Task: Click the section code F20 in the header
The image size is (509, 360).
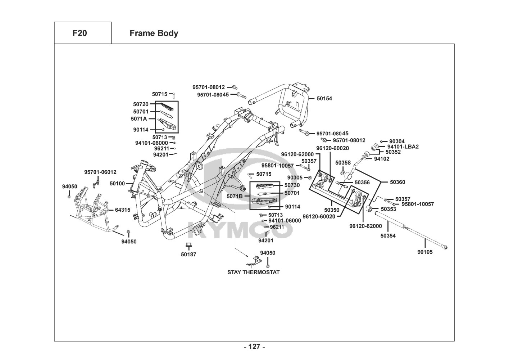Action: [x=79, y=33]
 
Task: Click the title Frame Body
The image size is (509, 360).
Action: [x=154, y=33]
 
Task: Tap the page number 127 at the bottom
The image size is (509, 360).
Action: [x=254, y=347]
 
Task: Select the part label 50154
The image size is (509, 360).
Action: [x=324, y=98]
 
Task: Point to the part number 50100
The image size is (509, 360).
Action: [x=117, y=184]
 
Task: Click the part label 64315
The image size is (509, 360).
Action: [x=123, y=210]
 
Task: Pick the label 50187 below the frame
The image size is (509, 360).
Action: [x=188, y=255]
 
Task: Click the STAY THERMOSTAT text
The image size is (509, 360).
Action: [x=253, y=272]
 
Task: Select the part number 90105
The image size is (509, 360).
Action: [x=425, y=252]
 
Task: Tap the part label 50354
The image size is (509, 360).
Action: [x=388, y=236]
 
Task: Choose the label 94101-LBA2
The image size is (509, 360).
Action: [x=403, y=147]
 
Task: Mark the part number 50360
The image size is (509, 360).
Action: [x=397, y=182]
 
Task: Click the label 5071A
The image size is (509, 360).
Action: [x=139, y=118]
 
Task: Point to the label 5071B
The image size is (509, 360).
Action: [x=235, y=196]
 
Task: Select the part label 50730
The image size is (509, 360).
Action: [x=292, y=185]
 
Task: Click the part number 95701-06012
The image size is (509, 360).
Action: [x=100, y=172]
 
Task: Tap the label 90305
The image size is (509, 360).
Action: [x=295, y=177]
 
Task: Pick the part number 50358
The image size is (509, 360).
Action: [x=343, y=163]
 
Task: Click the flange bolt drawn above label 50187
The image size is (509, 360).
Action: [x=188, y=246]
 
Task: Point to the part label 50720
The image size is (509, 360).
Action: [x=141, y=104]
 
